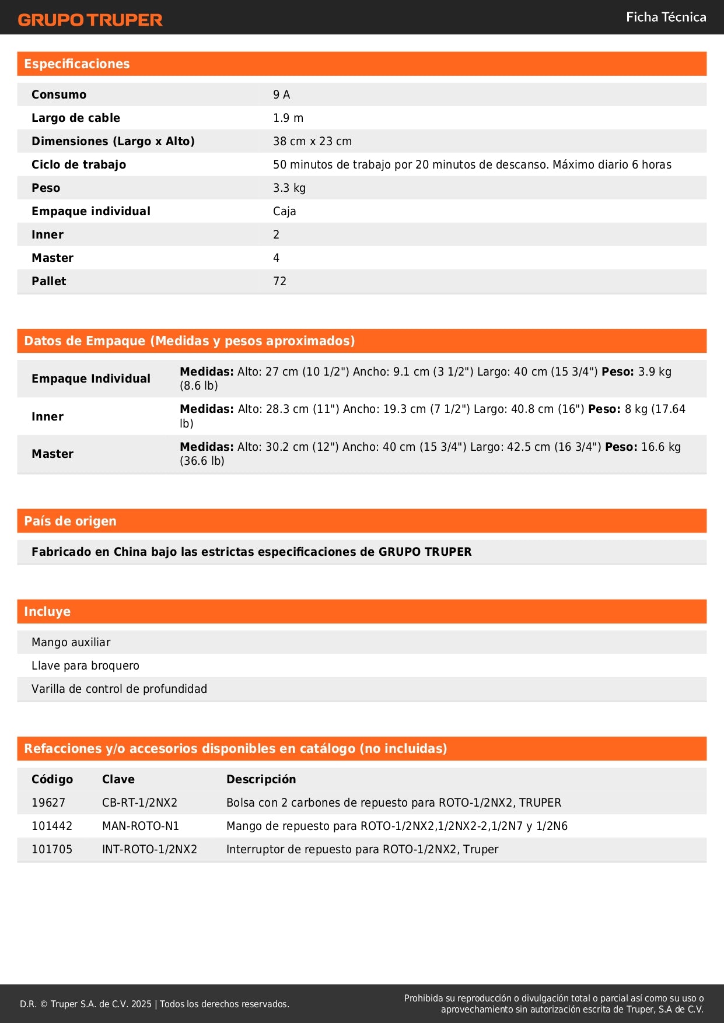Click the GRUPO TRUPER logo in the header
click(x=90, y=20)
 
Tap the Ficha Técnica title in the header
click(x=666, y=17)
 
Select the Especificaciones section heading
click(x=77, y=64)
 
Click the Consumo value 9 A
click(x=281, y=94)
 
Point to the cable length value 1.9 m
click(x=288, y=118)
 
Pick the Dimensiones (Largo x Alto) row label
click(x=113, y=141)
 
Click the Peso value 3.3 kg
click(x=289, y=188)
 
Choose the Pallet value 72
click(x=280, y=281)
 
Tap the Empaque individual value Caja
click(x=285, y=211)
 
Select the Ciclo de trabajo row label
click(x=79, y=164)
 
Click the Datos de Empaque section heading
click(x=190, y=341)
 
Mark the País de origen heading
click(x=70, y=521)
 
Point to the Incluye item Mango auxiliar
click(x=71, y=642)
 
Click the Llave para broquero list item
click(x=85, y=665)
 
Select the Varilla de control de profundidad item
click(x=119, y=689)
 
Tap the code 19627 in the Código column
click(x=48, y=803)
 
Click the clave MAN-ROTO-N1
click(x=141, y=826)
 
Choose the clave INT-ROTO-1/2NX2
click(x=149, y=849)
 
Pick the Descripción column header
click(x=261, y=779)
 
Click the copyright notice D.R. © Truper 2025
click(x=154, y=1004)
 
